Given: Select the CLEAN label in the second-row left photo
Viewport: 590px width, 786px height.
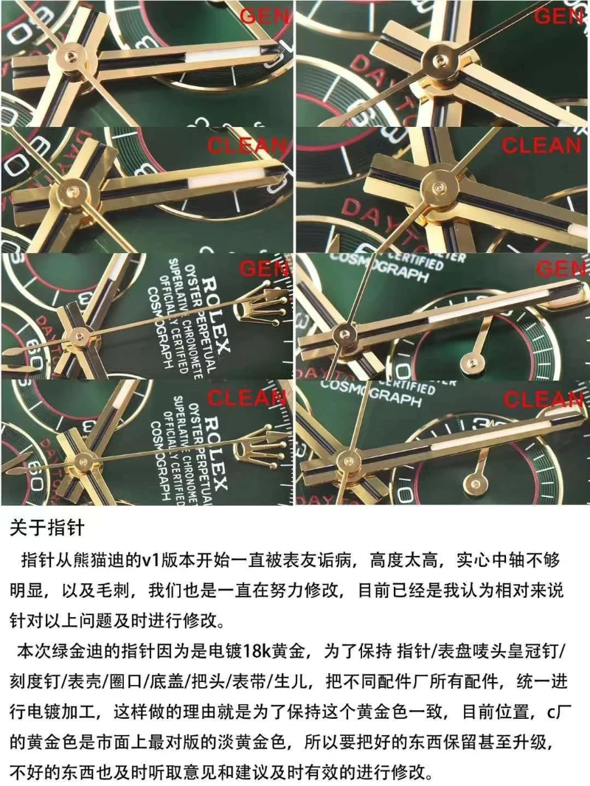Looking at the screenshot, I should pyautogui.click(x=248, y=145).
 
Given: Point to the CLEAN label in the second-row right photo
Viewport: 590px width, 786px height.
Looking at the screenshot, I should pyautogui.click(x=541, y=145).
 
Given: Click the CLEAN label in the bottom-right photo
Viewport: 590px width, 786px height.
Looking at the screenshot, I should pyautogui.click(x=544, y=400).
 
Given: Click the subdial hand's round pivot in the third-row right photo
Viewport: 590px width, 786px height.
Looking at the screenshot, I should pyautogui.click(x=467, y=362).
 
